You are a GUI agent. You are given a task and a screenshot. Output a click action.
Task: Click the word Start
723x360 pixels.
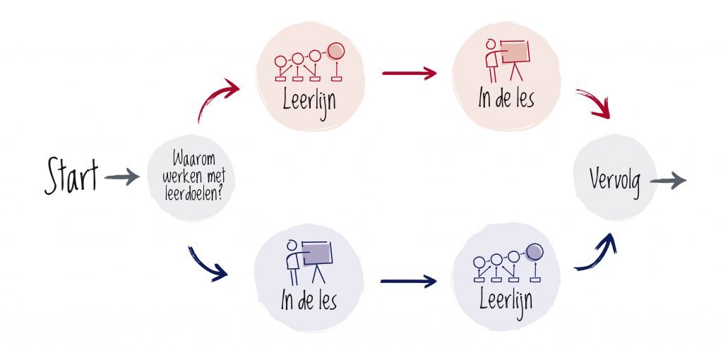point(71,176)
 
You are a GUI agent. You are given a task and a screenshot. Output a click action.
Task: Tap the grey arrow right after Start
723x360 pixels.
point(121,176)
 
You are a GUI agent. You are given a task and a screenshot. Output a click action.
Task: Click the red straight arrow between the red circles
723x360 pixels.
point(410,73)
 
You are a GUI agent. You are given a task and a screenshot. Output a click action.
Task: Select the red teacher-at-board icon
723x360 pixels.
point(508,61)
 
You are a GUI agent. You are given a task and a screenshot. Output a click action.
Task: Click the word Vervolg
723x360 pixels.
point(615,181)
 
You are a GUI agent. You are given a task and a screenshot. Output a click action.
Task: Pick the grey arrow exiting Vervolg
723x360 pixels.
point(668,180)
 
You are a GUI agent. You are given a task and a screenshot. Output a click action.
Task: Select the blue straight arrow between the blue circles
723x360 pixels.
point(409,281)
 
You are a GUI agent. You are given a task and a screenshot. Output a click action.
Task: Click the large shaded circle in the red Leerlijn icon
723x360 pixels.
point(336,51)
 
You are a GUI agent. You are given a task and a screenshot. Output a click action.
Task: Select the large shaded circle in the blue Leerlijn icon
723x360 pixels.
point(534,252)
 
